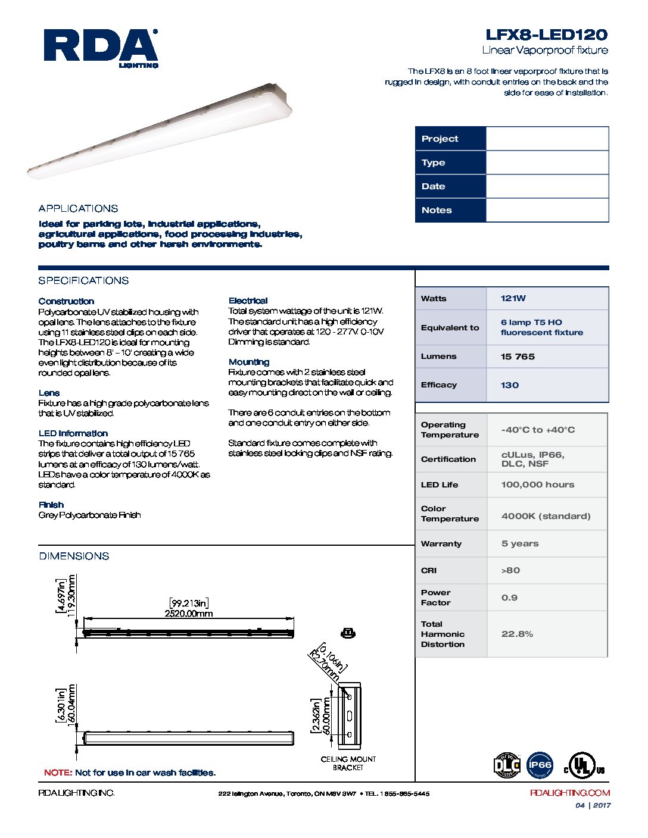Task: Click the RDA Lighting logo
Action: [101, 48]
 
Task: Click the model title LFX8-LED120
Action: [546, 35]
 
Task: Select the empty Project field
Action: [547, 139]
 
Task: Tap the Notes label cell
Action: [450, 210]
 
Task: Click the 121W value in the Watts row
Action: [513, 298]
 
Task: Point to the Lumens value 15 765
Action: [518, 357]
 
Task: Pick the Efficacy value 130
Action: [510, 385]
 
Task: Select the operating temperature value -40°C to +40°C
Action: [538, 430]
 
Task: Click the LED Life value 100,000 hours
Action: [538, 484]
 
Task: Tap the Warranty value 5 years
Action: [520, 543]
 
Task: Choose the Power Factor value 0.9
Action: [509, 598]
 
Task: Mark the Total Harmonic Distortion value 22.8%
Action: [517, 634]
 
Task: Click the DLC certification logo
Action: [507, 765]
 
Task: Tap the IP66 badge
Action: [540, 765]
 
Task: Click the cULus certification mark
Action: [584, 766]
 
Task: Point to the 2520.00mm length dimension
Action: [188, 614]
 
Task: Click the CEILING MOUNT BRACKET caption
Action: [348, 764]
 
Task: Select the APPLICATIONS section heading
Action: [78, 208]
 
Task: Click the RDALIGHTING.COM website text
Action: [569, 793]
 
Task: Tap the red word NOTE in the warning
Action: [58, 773]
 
